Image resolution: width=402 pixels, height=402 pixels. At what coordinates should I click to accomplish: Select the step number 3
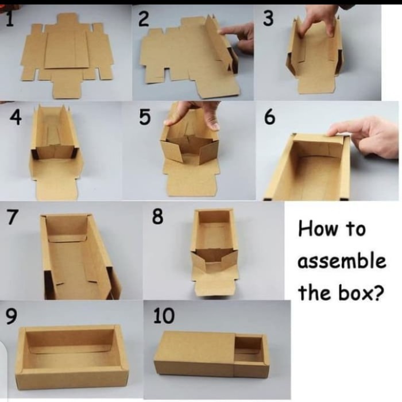point(268,18)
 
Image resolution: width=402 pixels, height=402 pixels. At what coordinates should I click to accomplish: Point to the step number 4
point(16,118)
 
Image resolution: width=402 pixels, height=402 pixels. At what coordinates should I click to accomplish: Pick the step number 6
point(269,117)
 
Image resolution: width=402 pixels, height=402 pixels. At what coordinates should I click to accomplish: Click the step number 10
point(164,316)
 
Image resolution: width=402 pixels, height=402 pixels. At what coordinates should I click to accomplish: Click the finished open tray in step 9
point(72,357)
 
